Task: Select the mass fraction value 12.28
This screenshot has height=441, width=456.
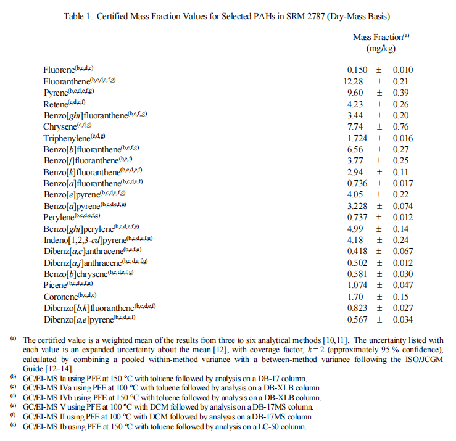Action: tap(356, 81)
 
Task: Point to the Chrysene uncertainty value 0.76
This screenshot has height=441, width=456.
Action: tap(401, 126)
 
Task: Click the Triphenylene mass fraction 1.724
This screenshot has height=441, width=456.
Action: tap(358, 138)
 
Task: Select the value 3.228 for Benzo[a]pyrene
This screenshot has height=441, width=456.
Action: tap(358, 205)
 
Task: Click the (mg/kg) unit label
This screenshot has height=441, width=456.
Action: tap(380, 48)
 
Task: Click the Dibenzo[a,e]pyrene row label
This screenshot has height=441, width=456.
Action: tap(89, 319)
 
